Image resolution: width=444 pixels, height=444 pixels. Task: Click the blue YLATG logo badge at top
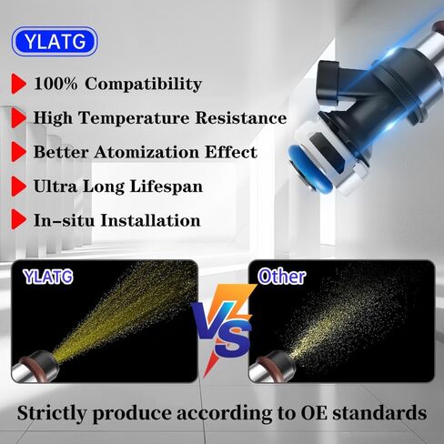(x=55, y=41)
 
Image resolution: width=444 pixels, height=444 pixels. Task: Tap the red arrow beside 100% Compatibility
(x=19, y=84)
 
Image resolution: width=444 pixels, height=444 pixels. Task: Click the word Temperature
(x=134, y=117)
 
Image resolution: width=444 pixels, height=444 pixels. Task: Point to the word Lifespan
(x=166, y=187)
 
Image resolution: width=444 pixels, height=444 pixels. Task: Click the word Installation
(x=150, y=220)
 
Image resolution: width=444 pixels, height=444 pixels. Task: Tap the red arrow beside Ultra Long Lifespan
(x=19, y=187)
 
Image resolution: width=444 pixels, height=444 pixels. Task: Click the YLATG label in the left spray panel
(x=48, y=277)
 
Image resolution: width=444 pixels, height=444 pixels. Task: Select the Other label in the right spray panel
(x=282, y=277)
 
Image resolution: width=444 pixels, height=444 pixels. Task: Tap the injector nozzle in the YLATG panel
(x=35, y=367)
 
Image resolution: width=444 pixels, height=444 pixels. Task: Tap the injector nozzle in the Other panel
(x=272, y=367)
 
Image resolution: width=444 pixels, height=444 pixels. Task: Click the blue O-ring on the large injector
(x=309, y=166)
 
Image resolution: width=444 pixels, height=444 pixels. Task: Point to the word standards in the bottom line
(x=379, y=413)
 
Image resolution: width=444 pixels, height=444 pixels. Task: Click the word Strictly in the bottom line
(x=52, y=413)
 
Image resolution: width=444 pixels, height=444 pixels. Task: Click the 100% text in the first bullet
(x=55, y=84)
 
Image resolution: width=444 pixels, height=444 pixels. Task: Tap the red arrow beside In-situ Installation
(x=19, y=219)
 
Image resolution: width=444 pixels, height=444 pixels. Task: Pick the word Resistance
(x=241, y=117)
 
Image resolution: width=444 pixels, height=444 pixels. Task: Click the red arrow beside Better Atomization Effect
(x=19, y=152)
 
